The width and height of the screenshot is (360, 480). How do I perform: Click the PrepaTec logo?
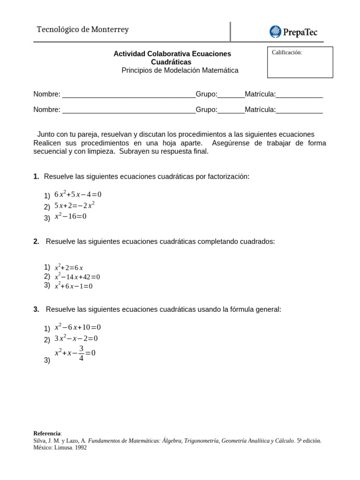tap(293, 32)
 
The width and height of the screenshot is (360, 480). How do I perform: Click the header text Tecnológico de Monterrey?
tap(82, 30)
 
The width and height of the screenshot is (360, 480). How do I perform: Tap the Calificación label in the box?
tap(287, 52)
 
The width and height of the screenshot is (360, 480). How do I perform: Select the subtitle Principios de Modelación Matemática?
tap(180, 70)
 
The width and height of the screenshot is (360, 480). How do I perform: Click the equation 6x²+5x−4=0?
tap(78, 194)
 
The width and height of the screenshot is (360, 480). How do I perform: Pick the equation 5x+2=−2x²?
tap(75, 205)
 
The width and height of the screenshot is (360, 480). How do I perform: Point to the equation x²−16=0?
tap(70, 216)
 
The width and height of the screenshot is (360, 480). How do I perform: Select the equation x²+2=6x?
tap(69, 268)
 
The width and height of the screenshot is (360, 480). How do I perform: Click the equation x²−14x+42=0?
tap(77, 277)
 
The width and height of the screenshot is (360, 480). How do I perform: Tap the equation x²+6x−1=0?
tap(74, 286)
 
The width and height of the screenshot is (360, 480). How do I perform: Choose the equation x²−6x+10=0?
tap(78, 327)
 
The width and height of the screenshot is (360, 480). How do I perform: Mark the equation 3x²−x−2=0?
tap(76, 338)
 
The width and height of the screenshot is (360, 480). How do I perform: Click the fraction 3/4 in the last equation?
tap(81, 353)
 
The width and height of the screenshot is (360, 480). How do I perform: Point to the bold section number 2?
tap(36, 241)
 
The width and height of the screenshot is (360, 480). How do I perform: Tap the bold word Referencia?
tap(47, 433)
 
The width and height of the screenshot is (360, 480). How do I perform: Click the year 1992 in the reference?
tap(79, 448)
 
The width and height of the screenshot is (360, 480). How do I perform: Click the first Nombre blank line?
tap(129, 95)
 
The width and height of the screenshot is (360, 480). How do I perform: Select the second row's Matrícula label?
tap(260, 110)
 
